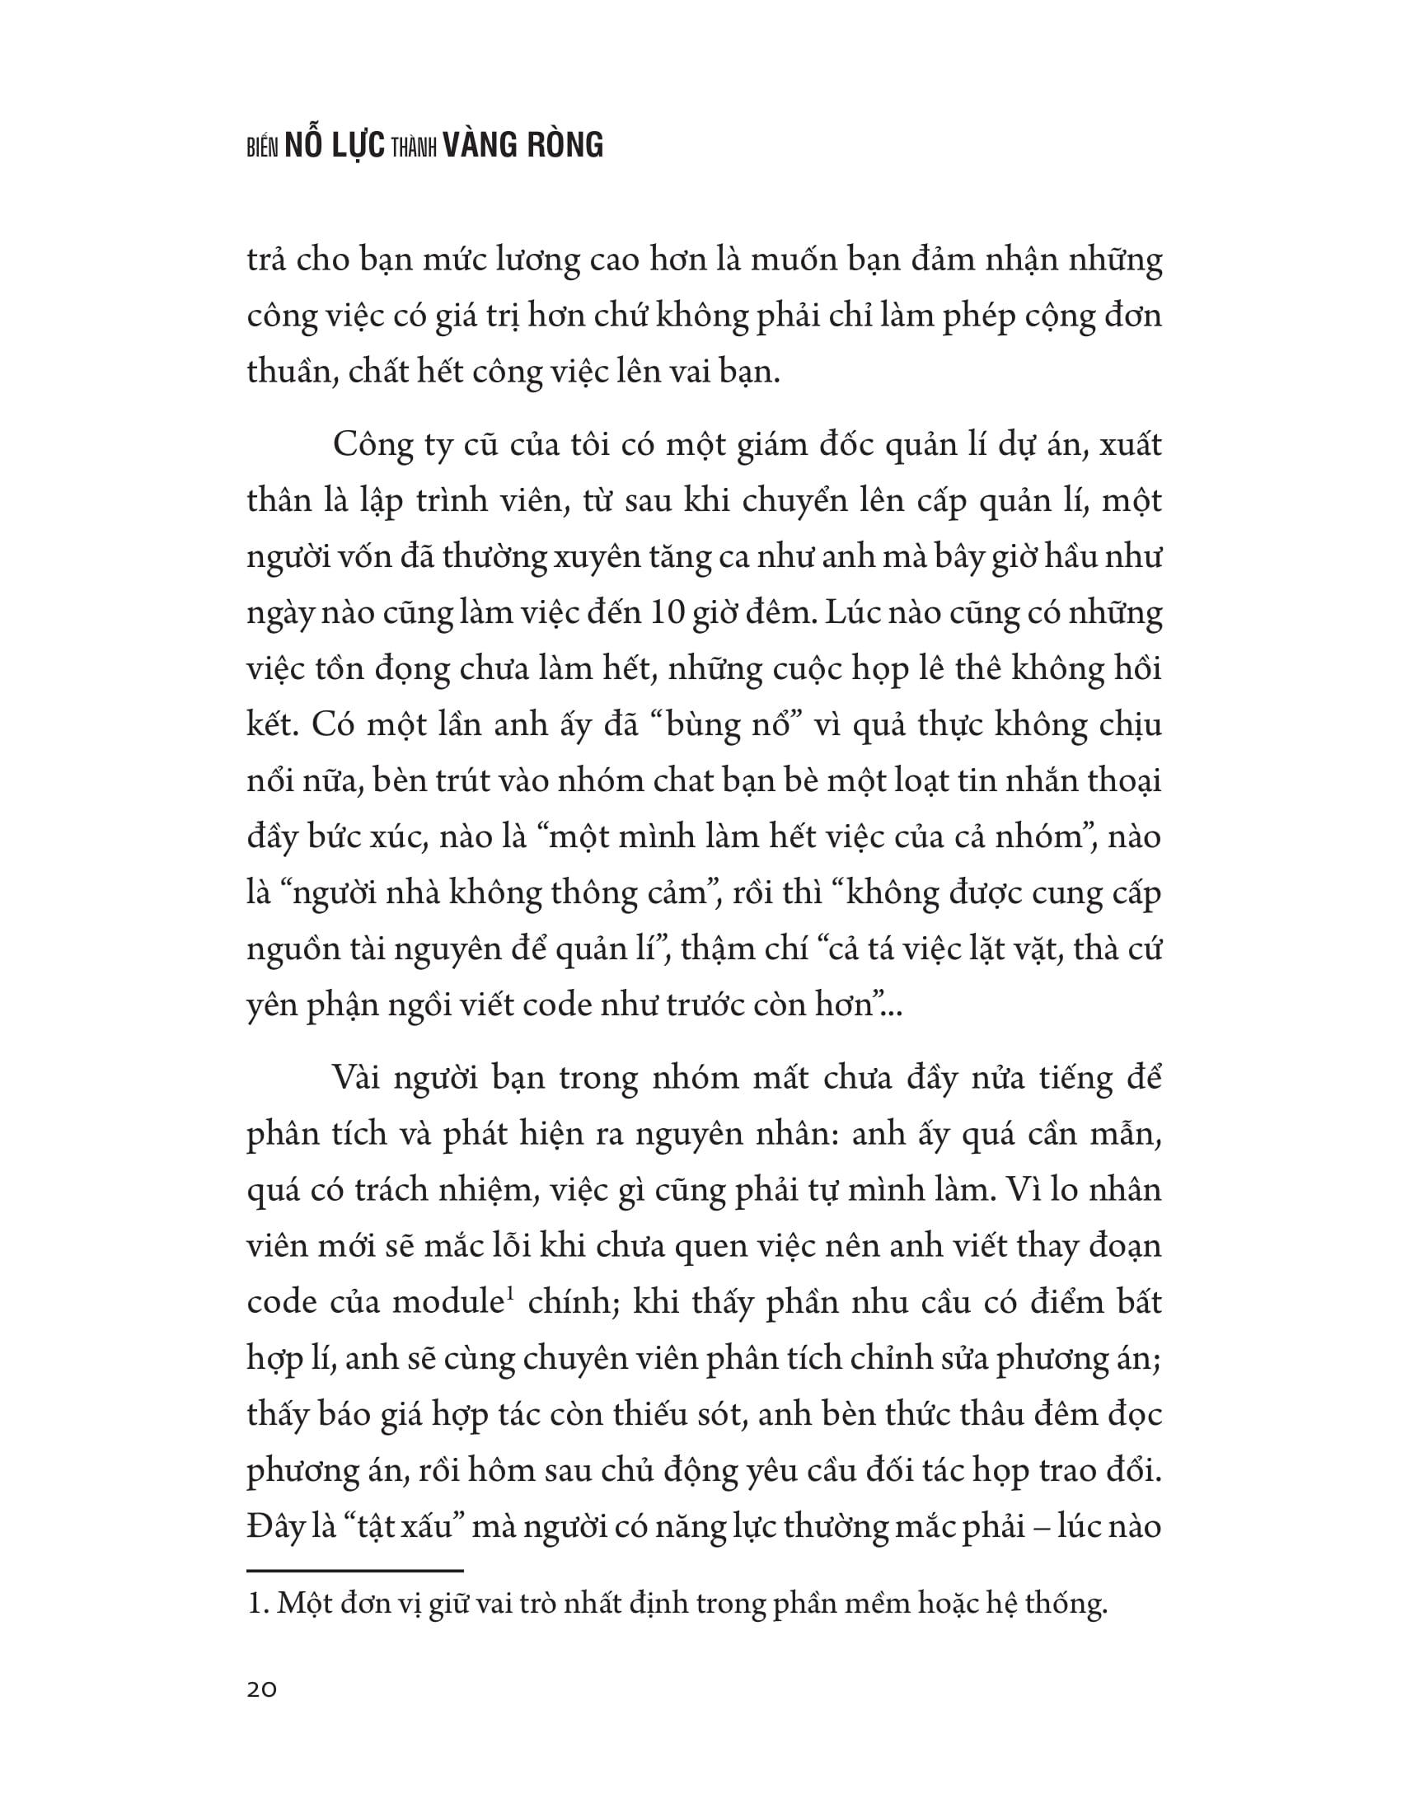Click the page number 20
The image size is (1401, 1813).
261,1689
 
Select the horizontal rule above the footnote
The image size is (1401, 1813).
354,1571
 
